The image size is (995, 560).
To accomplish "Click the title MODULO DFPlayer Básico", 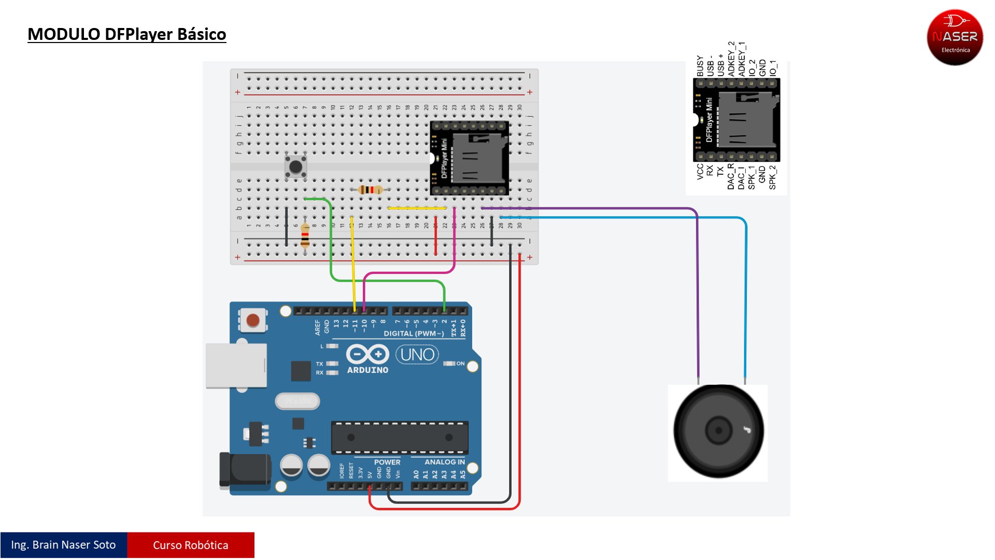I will (x=126, y=34).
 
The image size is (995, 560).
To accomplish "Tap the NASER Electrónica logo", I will (x=955, y=37).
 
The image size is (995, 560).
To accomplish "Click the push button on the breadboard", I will (x=295, y=167).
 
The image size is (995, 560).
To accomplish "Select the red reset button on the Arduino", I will (x=253, y=320).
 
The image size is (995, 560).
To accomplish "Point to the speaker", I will (x=718, y=431).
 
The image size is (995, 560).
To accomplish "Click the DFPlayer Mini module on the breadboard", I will (x=470, y=158).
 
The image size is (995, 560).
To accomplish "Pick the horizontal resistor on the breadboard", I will (x=370, y=190).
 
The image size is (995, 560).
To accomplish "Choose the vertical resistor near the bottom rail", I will (x=305, y=235).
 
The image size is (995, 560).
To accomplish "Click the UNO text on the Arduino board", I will (x=417, y=355).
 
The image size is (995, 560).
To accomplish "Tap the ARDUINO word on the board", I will (x=367, y=370).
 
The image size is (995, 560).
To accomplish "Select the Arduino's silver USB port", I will (x=236, y=365).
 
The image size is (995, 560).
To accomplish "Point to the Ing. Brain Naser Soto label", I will (x=63, y=545).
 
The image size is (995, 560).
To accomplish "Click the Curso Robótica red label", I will (x=191, y=545).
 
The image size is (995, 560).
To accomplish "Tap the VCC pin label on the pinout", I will (x=700, y=172).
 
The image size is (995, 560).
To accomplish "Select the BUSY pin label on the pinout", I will (x=700, y=66).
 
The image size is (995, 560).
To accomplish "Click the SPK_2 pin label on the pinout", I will (x=773, y=177).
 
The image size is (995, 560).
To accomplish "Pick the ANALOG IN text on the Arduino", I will (x=445, y=462).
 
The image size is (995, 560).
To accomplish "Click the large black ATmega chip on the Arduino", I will (x=400, y=437).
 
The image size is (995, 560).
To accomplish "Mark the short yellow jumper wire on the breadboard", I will (x=417, y=208).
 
